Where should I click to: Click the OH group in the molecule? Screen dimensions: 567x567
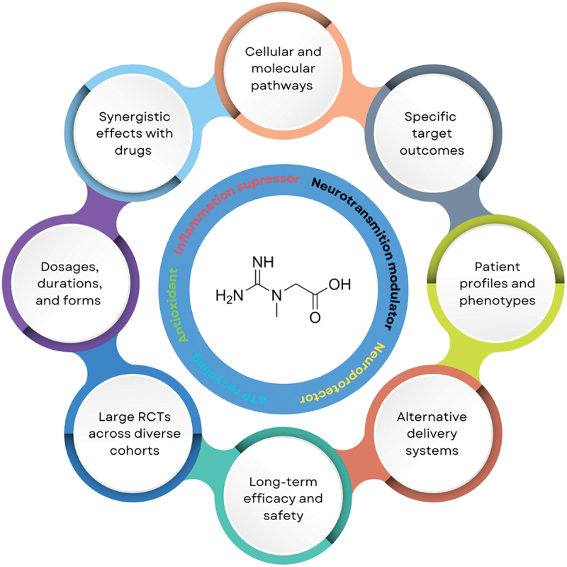340,285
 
